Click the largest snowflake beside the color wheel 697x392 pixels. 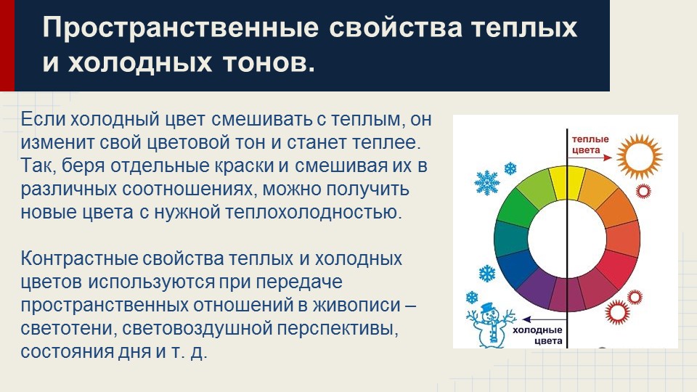click(x=486, y=182)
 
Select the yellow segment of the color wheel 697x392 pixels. click(x=558, y=182)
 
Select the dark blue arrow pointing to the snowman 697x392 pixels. click(x=537, y=317)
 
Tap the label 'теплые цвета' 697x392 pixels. click(x=590, y=144)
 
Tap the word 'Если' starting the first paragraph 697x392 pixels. click(x=41, y=118)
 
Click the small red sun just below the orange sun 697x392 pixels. click(x=643, y=192)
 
